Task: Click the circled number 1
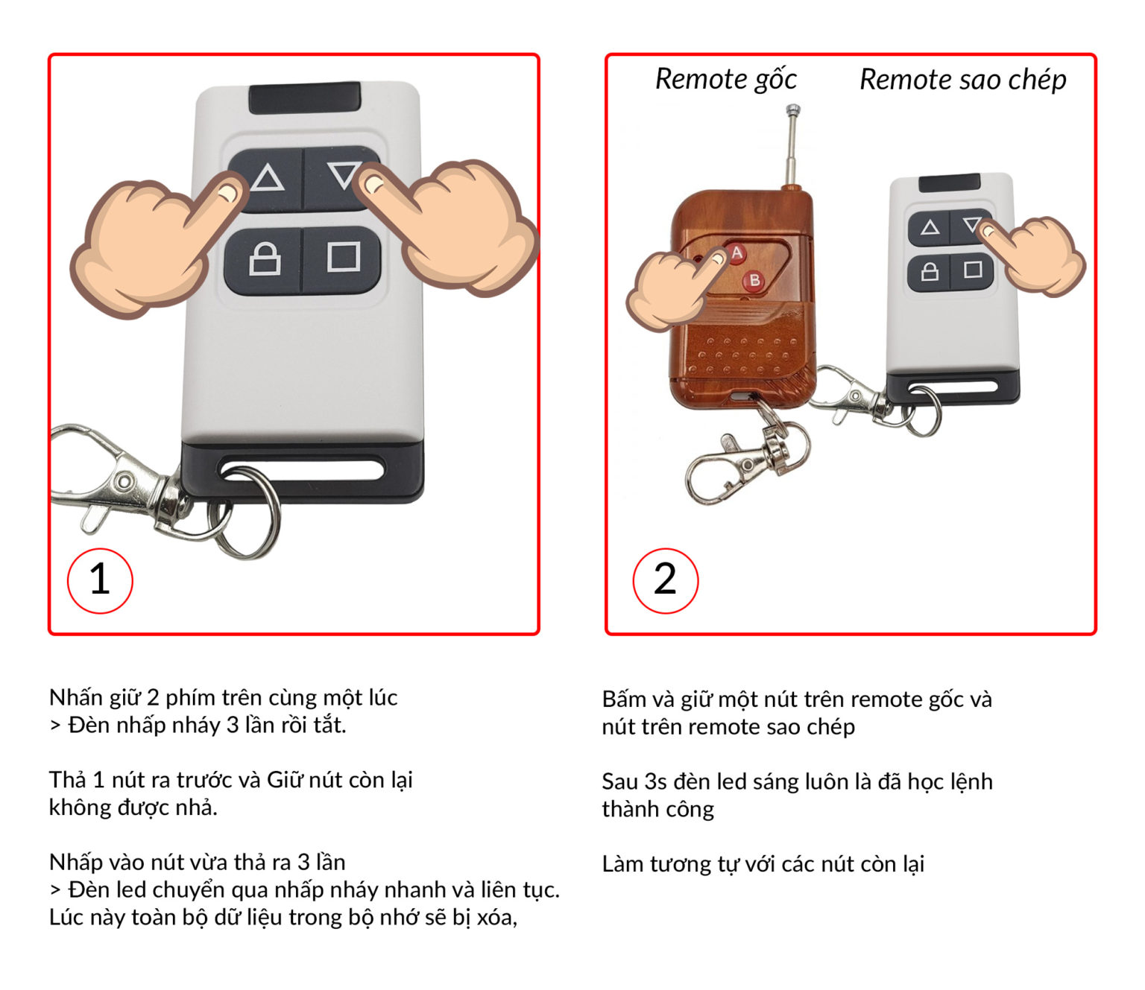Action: point(100,580)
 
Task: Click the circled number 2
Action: point(665,580)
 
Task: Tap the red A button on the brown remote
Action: point(736,253)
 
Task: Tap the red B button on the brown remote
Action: point(754,280)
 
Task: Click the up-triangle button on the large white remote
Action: point(267,179)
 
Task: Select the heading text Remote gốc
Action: point(725,79)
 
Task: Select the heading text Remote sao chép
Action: point(962,79)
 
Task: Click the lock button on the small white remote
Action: point(930,270)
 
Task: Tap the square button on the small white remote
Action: point(973,269)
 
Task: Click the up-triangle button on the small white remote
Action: point(930,227)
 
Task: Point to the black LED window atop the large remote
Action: point(305,98)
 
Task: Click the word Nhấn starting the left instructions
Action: point(76,697)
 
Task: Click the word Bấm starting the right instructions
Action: point(624,699)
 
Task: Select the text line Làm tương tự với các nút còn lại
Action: point(763,864)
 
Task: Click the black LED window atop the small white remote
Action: point(949,183)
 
